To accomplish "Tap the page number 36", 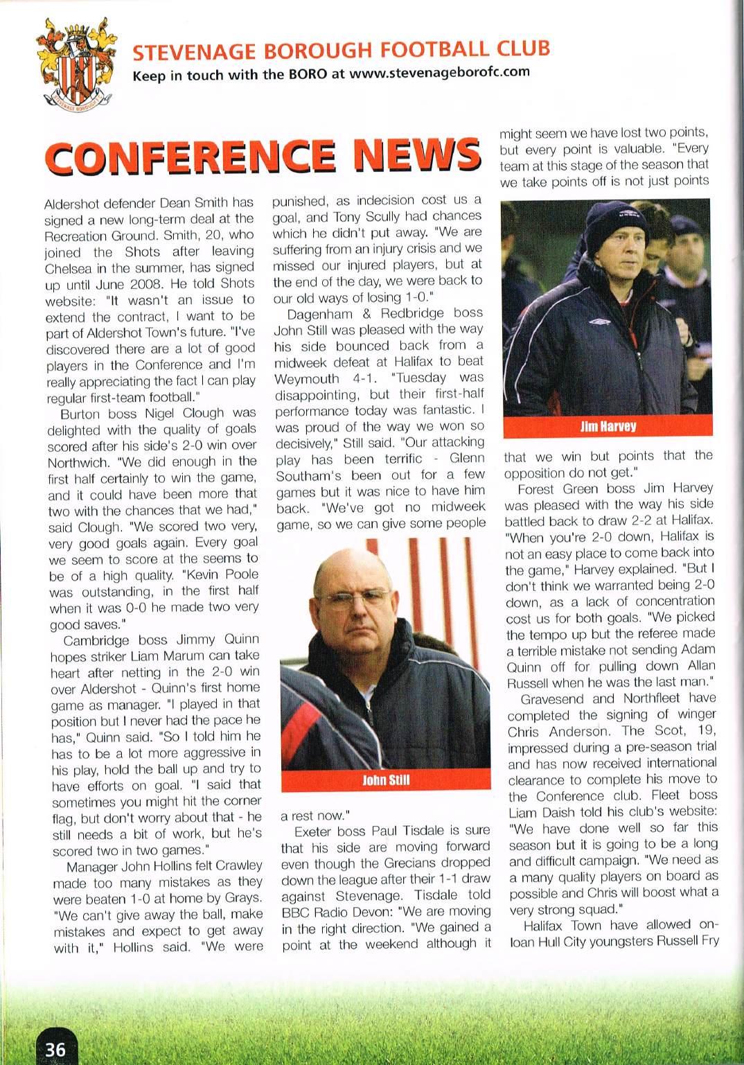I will click(55, 1049).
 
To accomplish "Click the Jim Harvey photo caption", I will click(607, 427).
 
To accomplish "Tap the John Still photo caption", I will click(385, 780).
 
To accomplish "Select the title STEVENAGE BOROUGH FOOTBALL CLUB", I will click(341, 50).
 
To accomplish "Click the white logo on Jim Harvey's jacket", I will click(599, 321).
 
